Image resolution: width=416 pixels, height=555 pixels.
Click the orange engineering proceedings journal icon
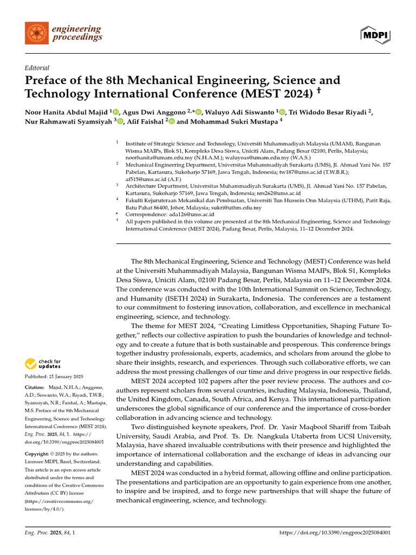click(x=36, y=33)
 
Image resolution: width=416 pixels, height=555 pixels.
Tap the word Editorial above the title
click(x=37, y=68)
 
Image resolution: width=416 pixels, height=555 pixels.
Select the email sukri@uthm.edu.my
click(x=239, y=208)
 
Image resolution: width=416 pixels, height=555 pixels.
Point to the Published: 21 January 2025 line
click(x=53, y=377)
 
